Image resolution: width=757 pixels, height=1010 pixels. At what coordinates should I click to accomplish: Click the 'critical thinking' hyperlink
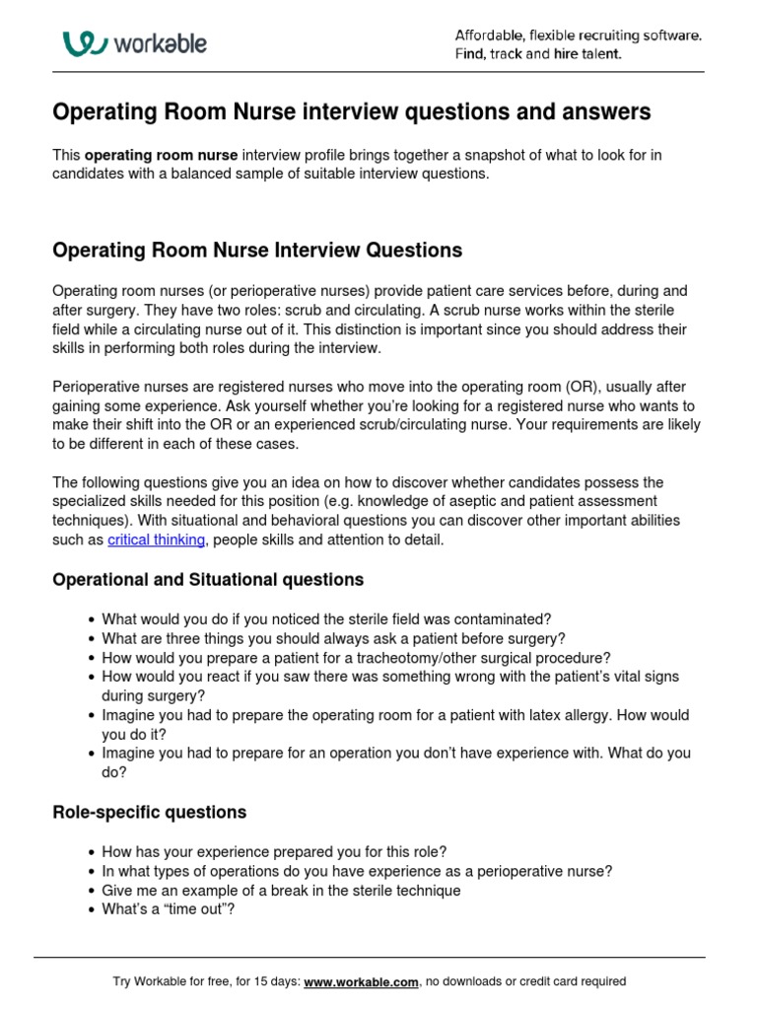tap(157, 540)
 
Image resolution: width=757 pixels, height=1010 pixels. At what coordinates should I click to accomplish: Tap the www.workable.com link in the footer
tap(362, 981)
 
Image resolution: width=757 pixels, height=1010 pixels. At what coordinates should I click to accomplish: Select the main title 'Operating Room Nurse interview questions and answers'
tap(351, 112)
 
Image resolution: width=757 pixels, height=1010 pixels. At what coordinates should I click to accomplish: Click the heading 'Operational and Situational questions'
tap(208, 580)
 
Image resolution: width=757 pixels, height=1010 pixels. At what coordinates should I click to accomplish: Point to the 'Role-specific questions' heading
tap(149, 813)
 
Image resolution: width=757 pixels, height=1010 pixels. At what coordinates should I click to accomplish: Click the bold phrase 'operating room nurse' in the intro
tap(162, 155)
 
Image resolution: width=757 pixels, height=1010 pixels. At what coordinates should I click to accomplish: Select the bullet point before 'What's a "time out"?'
tap(92, 910)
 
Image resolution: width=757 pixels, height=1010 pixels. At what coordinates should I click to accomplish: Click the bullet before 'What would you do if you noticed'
tap(92, 620)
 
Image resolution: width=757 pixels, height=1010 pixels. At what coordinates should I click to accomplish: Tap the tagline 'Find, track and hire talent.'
tap(538, 54)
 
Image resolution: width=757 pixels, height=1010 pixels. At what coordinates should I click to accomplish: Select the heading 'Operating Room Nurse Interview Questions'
tap(257, 251)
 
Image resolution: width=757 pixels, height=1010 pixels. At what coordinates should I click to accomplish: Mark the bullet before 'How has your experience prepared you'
tap(92, 852)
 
